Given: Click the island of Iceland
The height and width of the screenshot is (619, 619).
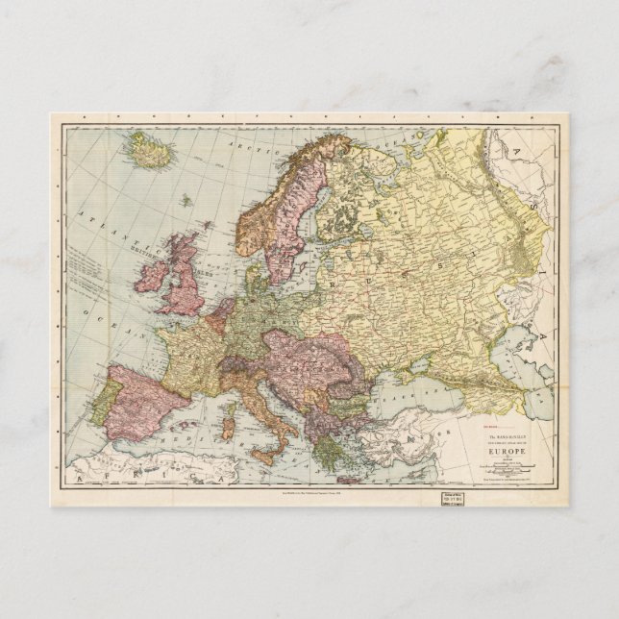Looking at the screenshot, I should click(149, 151).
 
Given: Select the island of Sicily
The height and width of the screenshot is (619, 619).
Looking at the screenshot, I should click(272, 451).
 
